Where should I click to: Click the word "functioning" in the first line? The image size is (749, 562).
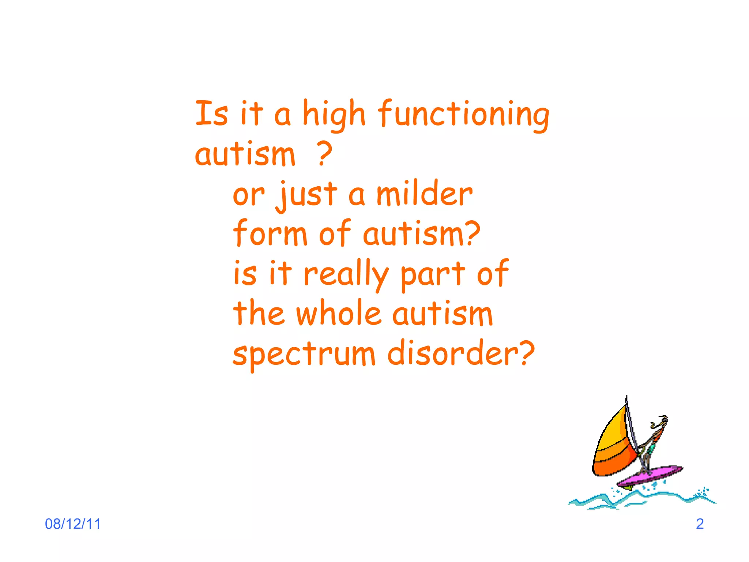click(x=463, y=114)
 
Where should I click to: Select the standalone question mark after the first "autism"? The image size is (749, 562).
click(x=324, y=154)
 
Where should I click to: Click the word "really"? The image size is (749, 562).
click(x=345, y=274)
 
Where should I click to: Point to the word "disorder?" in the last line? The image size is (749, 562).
click(x=461, y=353)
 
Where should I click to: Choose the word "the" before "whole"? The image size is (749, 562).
click(x=259, y=313)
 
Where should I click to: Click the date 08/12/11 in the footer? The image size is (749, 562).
click(x=73, y=524)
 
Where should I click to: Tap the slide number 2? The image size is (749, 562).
click(x=700, y=524)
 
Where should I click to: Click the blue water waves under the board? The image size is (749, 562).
click(x=640, y=500)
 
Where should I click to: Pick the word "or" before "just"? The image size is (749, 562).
click(x=248, y=195)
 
